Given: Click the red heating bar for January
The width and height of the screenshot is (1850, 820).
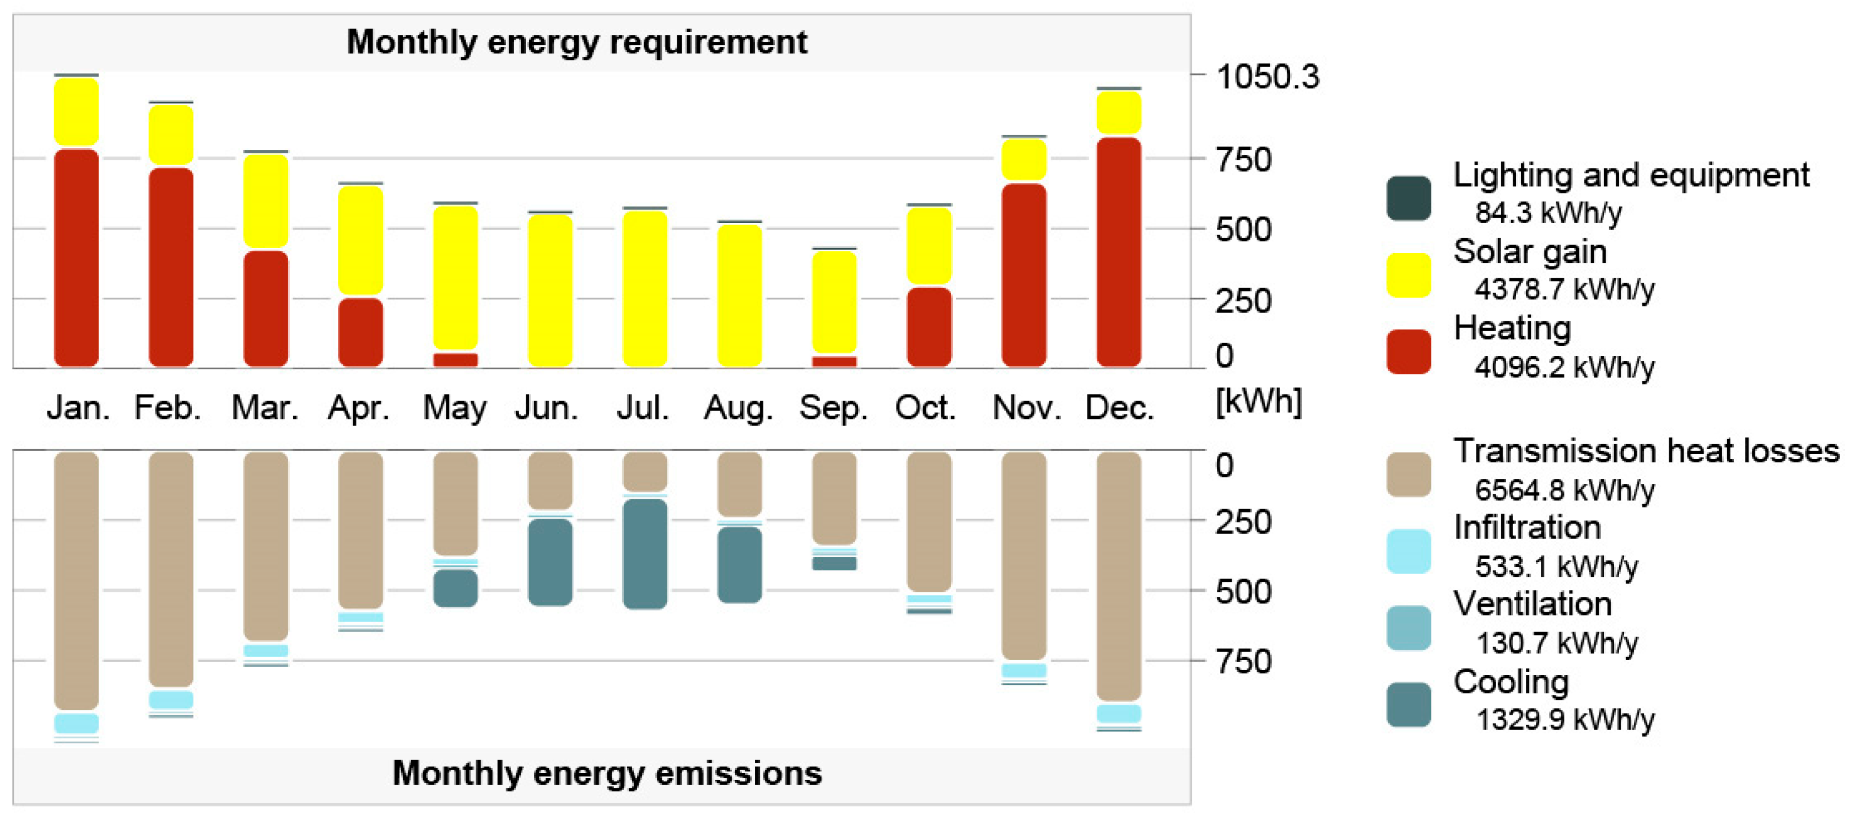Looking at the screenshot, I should point(76,257).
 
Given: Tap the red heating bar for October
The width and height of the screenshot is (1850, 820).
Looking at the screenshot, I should point(929,327).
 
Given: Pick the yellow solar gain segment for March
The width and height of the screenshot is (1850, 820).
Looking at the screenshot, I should point(266,201).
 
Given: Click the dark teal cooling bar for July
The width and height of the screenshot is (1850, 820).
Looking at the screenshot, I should point(644,554).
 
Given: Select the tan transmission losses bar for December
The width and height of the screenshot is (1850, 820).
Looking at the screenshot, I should point(1118,576).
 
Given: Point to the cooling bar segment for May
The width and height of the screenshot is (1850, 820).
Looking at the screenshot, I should point(455,588).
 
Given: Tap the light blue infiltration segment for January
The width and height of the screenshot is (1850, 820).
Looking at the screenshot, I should point(76,722).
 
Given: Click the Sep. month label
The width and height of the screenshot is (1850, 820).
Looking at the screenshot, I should point(834,408).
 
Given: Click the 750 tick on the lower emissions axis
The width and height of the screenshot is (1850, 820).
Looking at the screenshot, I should point(1243,661).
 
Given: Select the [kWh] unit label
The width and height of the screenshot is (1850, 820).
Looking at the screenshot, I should point(1258,401).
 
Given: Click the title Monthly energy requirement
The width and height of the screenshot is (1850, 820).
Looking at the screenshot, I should point(576,42).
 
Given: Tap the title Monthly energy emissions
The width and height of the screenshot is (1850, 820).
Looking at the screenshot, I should point(607,773).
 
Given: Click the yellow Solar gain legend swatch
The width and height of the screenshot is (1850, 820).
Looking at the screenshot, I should point(1409,275).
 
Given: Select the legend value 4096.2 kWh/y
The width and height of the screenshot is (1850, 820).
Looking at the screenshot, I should point(1564,367).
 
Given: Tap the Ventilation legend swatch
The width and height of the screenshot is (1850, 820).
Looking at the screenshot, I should point(1409,628).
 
